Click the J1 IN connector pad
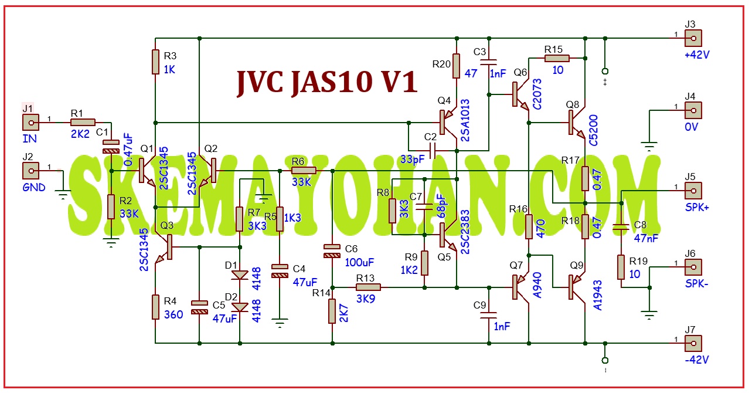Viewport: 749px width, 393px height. pos(30,123)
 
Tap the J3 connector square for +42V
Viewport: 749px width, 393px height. pos(693,38)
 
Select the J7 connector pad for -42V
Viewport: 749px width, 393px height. pos(693,344)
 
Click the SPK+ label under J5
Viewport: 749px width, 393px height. pos(697,208)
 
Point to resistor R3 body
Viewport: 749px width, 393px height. pos(155,62)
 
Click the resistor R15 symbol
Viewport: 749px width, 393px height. pos(557,59)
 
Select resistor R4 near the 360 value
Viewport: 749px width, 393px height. pos(155,307)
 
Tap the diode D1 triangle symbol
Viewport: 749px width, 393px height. pos(240,275)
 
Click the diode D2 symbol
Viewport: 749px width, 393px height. pos(240,307)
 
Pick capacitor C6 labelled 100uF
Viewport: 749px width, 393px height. pos(332,251)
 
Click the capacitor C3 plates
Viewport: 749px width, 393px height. pos(489,62)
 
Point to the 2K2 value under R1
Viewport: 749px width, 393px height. pos(80,134)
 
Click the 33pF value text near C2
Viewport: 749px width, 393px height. pos(413,160)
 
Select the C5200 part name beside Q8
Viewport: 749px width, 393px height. pos(593,130)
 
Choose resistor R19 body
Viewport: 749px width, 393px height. pos(621,267)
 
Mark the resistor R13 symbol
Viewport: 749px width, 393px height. pos(368,287)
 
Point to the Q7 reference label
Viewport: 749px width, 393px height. pos(516,266)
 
